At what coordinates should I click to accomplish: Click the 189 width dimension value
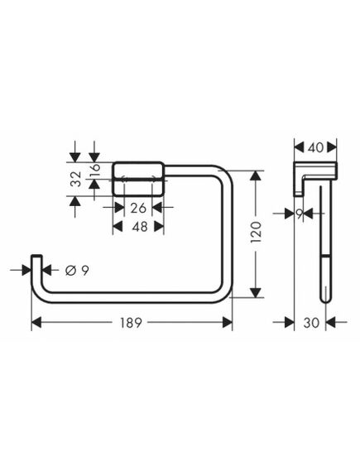(131, 323)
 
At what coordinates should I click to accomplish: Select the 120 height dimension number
(256, 233)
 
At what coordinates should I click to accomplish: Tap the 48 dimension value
(140, 227)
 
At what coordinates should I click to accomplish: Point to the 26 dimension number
(138, 208)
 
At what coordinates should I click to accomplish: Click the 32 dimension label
(77, 179)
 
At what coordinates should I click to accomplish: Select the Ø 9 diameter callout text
(77, 271)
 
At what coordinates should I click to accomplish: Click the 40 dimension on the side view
(315, 147)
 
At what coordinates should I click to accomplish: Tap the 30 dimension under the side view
(311, 323)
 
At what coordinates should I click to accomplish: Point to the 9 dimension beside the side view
(300, 214)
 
